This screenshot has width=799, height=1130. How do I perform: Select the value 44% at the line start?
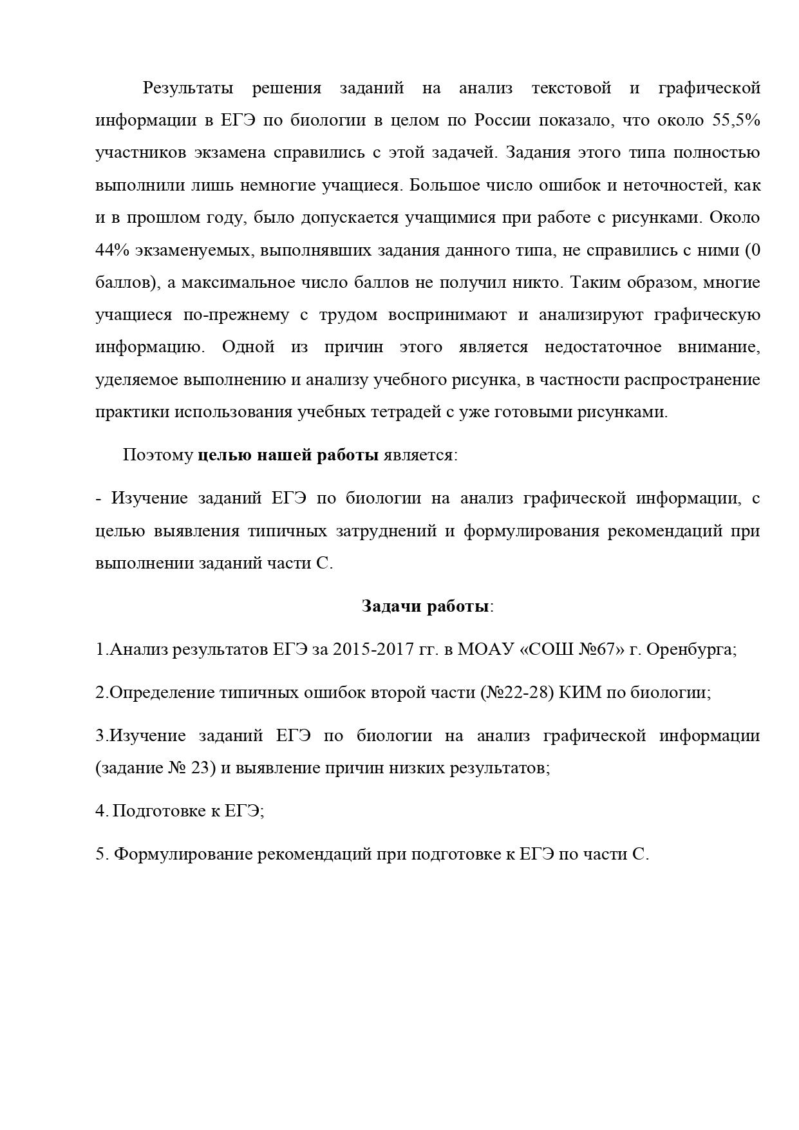(112, 250)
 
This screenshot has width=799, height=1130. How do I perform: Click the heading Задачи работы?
(427, 607)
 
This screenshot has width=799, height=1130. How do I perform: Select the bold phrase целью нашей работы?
(288, 455)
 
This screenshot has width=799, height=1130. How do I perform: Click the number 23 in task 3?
(202, 768)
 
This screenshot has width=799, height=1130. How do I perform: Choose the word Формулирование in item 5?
(182, 854)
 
